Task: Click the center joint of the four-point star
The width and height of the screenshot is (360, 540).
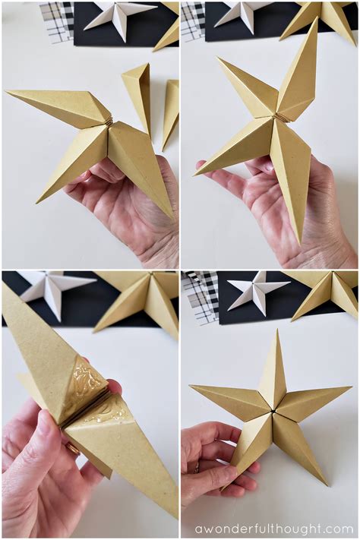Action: coord(283,118)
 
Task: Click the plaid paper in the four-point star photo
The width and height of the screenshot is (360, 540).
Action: coord(191,19)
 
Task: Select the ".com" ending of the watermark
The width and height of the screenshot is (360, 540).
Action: coord(337,528)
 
